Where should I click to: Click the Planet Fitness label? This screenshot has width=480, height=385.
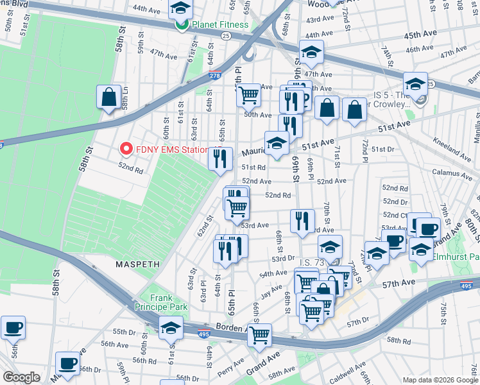[219, 25]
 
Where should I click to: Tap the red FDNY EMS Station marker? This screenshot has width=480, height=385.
[126, 150]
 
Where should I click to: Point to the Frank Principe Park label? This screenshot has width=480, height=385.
[160, 302]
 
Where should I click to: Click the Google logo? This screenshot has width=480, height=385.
[21, 377]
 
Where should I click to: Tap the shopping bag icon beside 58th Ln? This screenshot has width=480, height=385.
[109, 97]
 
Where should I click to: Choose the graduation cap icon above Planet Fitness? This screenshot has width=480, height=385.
[181, 8]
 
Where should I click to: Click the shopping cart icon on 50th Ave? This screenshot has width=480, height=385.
[248, 94]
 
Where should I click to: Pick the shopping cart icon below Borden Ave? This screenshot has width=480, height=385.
[259, 334]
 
